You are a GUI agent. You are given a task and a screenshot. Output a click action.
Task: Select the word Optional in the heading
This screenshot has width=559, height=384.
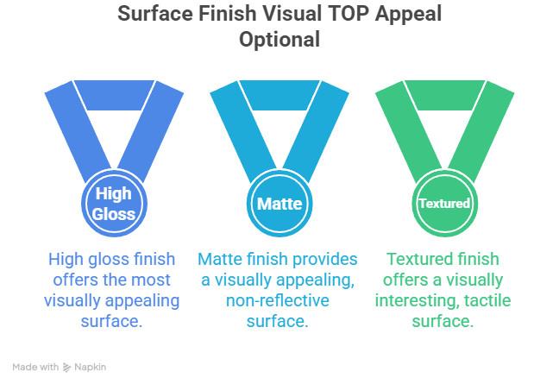[279, 40]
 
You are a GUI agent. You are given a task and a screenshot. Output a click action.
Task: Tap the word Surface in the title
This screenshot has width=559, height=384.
[155, 15]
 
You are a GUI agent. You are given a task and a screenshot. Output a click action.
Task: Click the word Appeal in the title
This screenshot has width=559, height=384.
[408, 15]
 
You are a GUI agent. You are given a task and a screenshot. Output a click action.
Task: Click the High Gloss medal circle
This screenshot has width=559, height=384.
[114, 204]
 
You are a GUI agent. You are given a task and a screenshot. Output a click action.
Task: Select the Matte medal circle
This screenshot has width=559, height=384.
[279, 204]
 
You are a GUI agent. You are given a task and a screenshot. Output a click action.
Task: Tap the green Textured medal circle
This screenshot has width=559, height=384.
[444, 204]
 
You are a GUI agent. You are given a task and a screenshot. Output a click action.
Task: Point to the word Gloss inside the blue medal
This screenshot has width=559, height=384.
[114, 214]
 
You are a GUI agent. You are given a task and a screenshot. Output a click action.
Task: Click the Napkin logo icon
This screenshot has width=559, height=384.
[66, 368]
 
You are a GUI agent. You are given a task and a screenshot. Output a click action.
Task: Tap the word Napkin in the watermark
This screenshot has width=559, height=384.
[91, 368]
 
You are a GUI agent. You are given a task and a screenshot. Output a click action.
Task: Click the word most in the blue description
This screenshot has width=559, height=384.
[152, 280]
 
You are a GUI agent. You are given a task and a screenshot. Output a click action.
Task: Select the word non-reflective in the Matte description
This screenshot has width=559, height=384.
[278, 300]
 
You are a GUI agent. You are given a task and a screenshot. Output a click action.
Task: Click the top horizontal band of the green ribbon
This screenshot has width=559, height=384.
[444, 95]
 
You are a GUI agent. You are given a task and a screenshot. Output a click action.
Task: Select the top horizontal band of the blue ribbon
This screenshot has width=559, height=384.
[114, 95]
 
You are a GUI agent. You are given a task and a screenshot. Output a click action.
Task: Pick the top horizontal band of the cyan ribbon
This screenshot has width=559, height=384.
[279, 95]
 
